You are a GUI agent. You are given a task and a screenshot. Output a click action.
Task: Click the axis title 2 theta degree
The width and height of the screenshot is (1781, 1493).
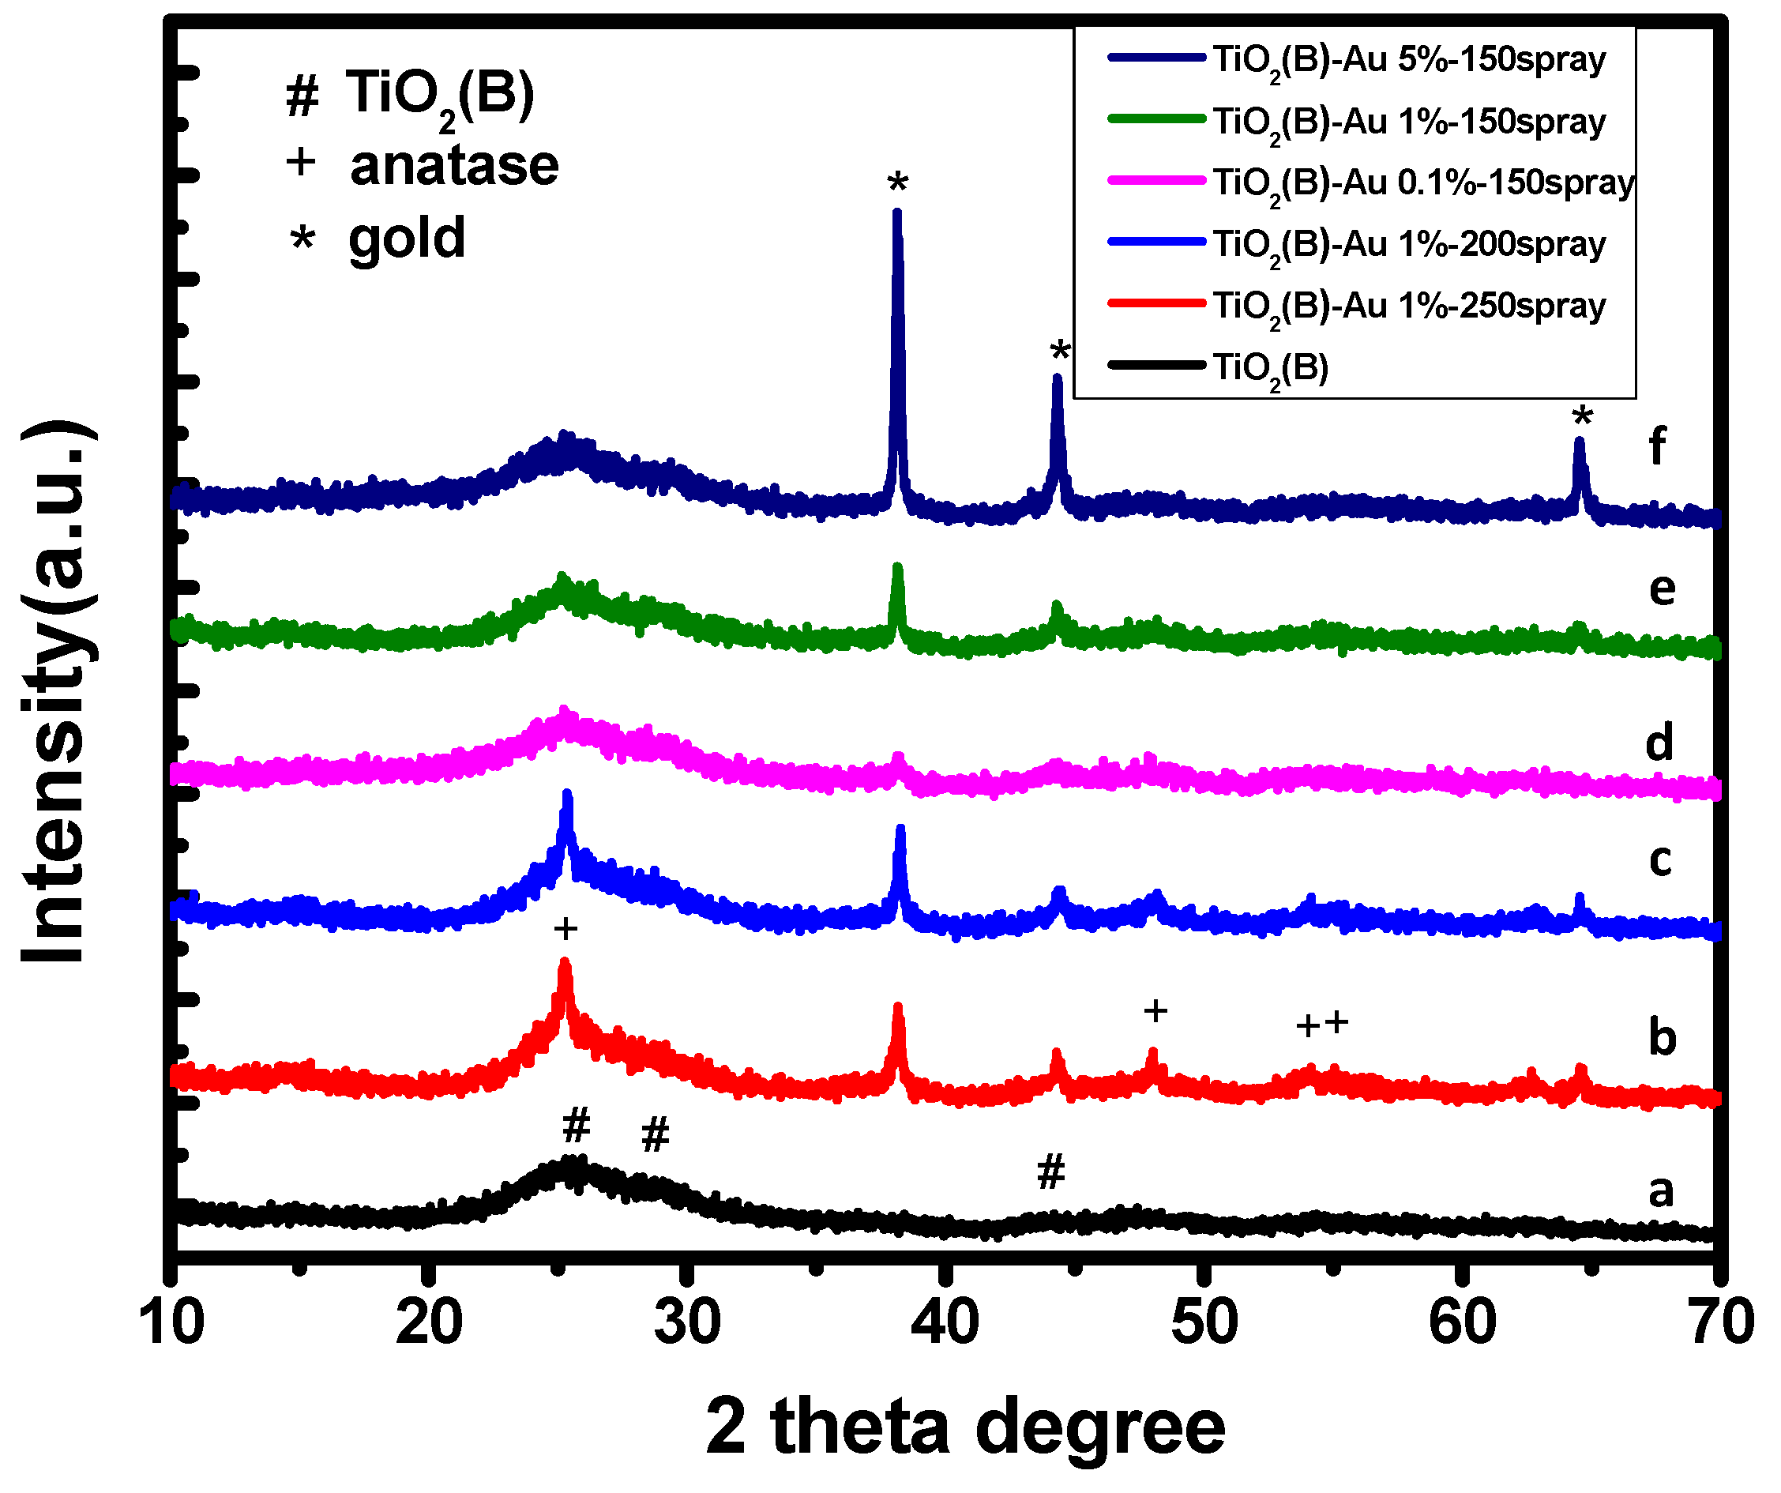click(965, 1428)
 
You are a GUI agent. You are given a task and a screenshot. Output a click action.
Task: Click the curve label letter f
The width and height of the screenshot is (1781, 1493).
click(1656, 446)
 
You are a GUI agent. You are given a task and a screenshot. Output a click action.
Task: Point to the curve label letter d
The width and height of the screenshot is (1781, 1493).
click(1659, 743)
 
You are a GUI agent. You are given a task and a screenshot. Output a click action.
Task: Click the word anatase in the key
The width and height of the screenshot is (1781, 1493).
click(453, 165)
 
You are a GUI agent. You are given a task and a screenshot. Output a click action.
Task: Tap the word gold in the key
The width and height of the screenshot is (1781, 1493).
click(407, 239)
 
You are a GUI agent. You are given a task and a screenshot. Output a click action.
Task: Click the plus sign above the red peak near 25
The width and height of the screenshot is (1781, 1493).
click(565, 930)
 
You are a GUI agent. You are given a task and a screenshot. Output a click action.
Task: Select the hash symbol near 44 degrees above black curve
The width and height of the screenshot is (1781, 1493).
click(1050, 1172)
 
